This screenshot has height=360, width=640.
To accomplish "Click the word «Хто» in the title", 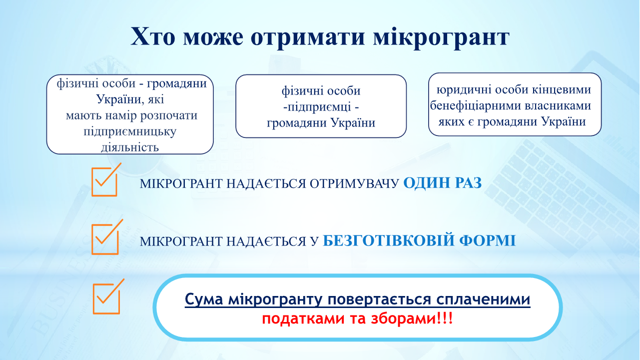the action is coord(153,36).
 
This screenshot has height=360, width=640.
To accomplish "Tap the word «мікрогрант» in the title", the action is coord(442,38).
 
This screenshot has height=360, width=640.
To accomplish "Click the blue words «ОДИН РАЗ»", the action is coord(442,183).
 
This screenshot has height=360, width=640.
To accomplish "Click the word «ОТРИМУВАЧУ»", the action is coord(354,183).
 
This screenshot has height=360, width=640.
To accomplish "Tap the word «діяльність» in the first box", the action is coord(130,147).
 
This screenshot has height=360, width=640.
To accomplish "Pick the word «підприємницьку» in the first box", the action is coord(130,132).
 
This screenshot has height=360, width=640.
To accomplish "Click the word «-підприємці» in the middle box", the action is coord(317,107).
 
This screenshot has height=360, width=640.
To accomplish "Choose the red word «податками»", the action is coord(303,319).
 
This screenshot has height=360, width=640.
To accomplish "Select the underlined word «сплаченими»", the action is coord(483,299).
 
